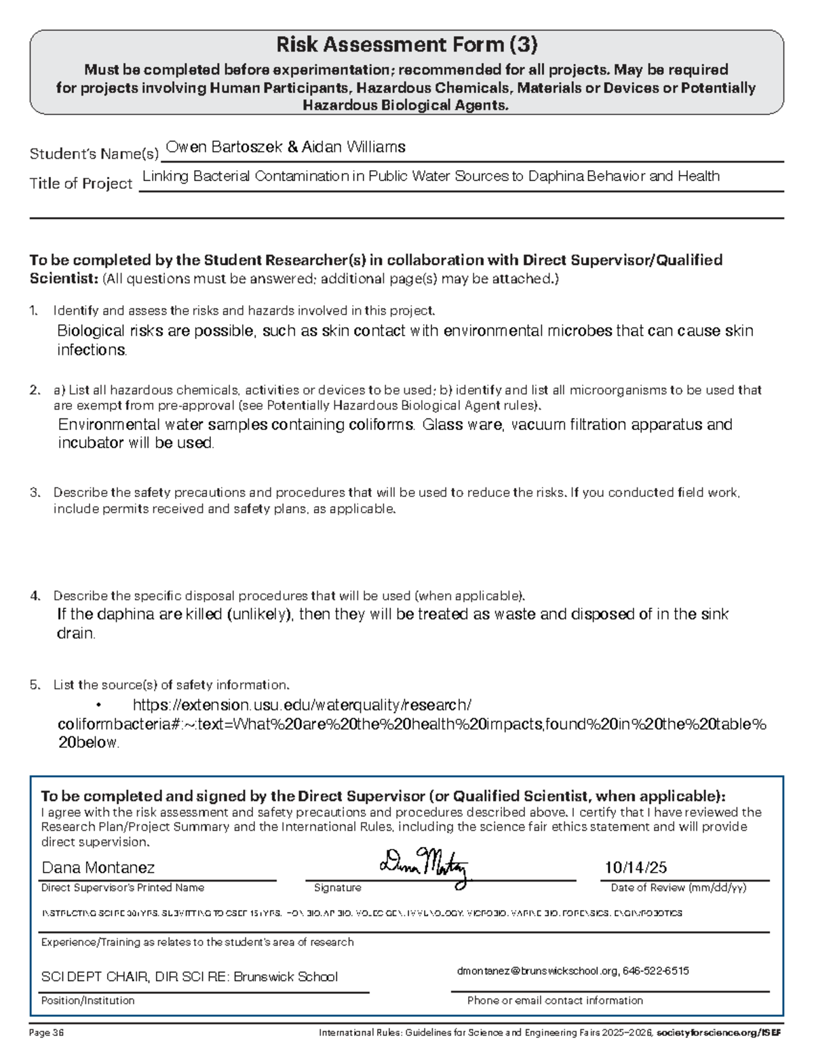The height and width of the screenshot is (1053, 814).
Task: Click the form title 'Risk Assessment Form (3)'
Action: coord(406,45)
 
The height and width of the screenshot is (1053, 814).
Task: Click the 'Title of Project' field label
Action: coord(81,184)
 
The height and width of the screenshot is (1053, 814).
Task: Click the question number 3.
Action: coord(35,493)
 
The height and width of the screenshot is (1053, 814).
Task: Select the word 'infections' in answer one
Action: coord(92,350)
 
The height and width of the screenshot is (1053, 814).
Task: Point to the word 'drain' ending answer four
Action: coord(75,633)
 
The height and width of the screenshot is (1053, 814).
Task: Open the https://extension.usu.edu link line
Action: coord(302,705)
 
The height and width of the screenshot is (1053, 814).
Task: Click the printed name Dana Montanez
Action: coord(98,868)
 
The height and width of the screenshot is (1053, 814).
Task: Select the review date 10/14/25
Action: coord(636,868)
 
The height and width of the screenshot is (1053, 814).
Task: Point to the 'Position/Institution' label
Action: coord(88,1001)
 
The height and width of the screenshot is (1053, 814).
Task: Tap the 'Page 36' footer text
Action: coord(46,1033)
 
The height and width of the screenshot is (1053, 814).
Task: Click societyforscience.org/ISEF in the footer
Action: coord(718,1033)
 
